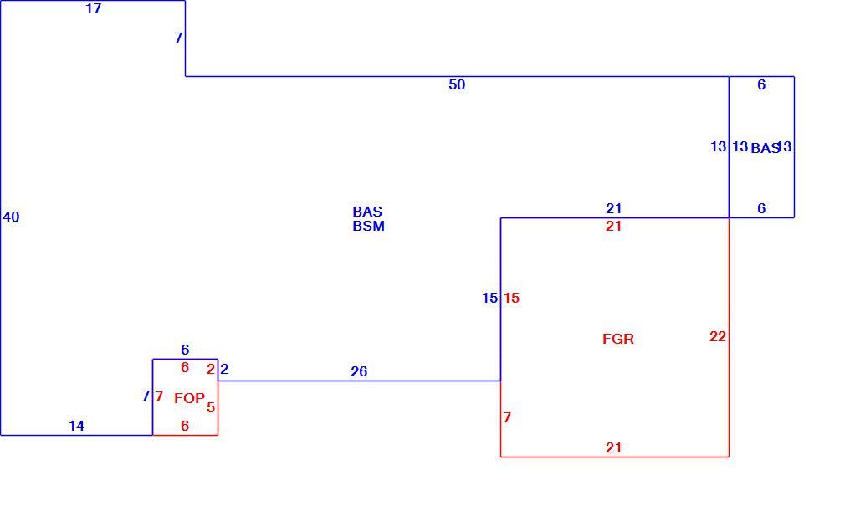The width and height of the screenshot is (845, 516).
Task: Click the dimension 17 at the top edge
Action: pyautogui.click(x=93, y=8)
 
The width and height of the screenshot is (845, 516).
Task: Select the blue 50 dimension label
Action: pyautogui.click(x=457, y=84)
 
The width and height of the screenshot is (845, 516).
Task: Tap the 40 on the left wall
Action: pyautogui.click(x=12, y=217)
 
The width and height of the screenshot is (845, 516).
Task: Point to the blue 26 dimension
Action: pyautogui.click(x=359, y=371)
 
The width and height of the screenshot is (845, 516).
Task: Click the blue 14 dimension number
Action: pyautogui.click(x=76, y=426)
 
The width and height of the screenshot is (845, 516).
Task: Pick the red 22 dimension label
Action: pyautogui.click(x=718, y=336)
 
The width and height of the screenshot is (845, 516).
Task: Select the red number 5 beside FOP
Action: pyautogui.click(x=211, y=407)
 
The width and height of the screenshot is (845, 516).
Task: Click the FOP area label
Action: pyautogui.click(x=190, y=398)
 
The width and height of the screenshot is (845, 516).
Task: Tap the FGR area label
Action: pyautogui.click(x=618, y=339)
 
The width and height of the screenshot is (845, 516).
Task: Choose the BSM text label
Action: pyautogui.click(x=369, y=227)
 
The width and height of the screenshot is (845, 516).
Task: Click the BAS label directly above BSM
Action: pyautogui.click(x=367, y=212)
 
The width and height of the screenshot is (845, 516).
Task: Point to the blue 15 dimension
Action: pyautogui.click(x=490, y=298)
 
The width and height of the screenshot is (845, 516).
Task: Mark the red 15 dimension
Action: pyautogui.click(x=511, y=298)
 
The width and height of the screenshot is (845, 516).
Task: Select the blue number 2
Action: pyautogui.click(x=225, y=369)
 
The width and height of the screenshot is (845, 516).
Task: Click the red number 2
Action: pyautogui.click(x=211, y=369)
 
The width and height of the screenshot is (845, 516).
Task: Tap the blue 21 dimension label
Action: pyautogui.click(x=614, y=208)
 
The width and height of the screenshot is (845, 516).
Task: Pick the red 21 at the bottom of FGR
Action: pyautogui.click(x=614, y=447)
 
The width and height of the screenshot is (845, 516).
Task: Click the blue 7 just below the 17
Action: pyautogui.click(x=178, y=38)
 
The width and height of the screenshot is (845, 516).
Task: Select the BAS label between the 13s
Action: pyautogui.click(x=766, y=148)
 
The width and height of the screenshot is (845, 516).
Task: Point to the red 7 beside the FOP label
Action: pyautogui.click(x=159, y=397)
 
